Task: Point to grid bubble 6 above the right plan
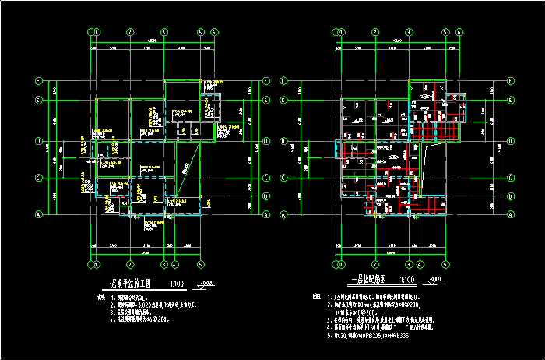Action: pyautogui.click(x=459, y=32)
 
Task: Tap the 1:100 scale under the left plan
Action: pyautogui.click(x=178, y=284)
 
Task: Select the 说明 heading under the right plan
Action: pyautogui.click(x=316, y=297)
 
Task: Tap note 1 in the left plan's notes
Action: pyautogui.click(x=133, y=297)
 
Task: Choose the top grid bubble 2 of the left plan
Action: pyautogui.click(x=128, y=32)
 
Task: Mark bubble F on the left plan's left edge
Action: pyautogui.click(x=39, y=81)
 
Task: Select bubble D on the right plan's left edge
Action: pyautogui.click(x=283, y=141)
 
